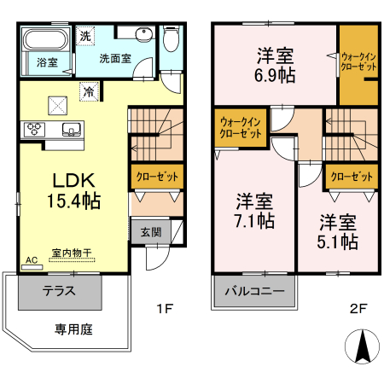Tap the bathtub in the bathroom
[x=46, y=40]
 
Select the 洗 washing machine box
[x=84, y=36]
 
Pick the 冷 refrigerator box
[x=88, y=90]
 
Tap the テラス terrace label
[x=59, y=290]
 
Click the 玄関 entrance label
[x=150, y=230]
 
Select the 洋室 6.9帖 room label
[x=276, y=65]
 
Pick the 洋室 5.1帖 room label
[x=338, y=233]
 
